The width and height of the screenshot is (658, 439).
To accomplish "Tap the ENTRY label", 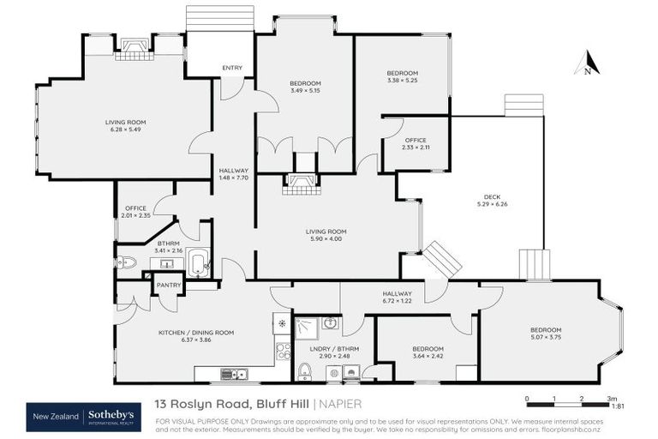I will click(231, 68).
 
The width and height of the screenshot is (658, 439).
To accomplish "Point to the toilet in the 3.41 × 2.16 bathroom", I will click(126, 262).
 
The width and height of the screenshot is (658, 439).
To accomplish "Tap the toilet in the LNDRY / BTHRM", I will click(303, 371).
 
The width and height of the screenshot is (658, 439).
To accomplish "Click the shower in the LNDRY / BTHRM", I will click(305, 327).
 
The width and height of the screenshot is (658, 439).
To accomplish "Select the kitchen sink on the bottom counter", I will click(232, 373).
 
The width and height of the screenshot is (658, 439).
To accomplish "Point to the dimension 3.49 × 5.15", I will click(304, 91).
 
